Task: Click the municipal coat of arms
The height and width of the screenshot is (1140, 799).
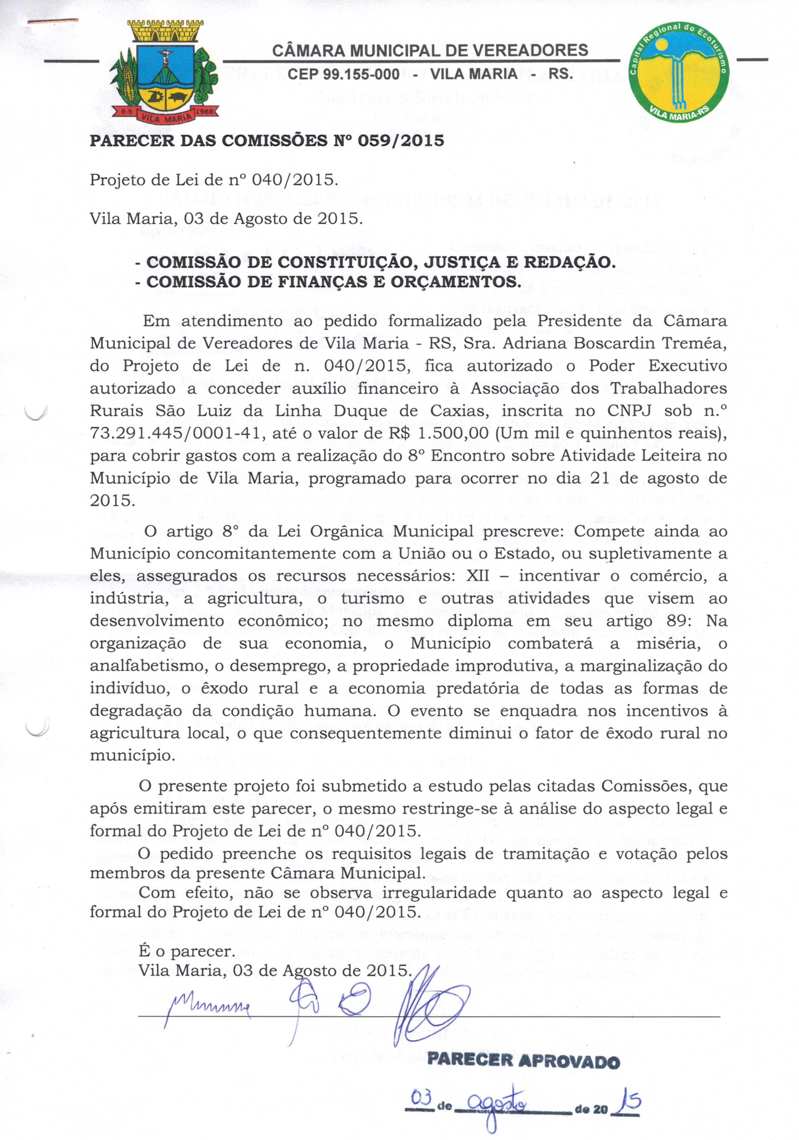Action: point(164,72)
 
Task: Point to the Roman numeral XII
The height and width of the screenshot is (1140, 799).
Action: point(477,576)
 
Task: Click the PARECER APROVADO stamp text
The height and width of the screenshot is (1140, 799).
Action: point(523,1061)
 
